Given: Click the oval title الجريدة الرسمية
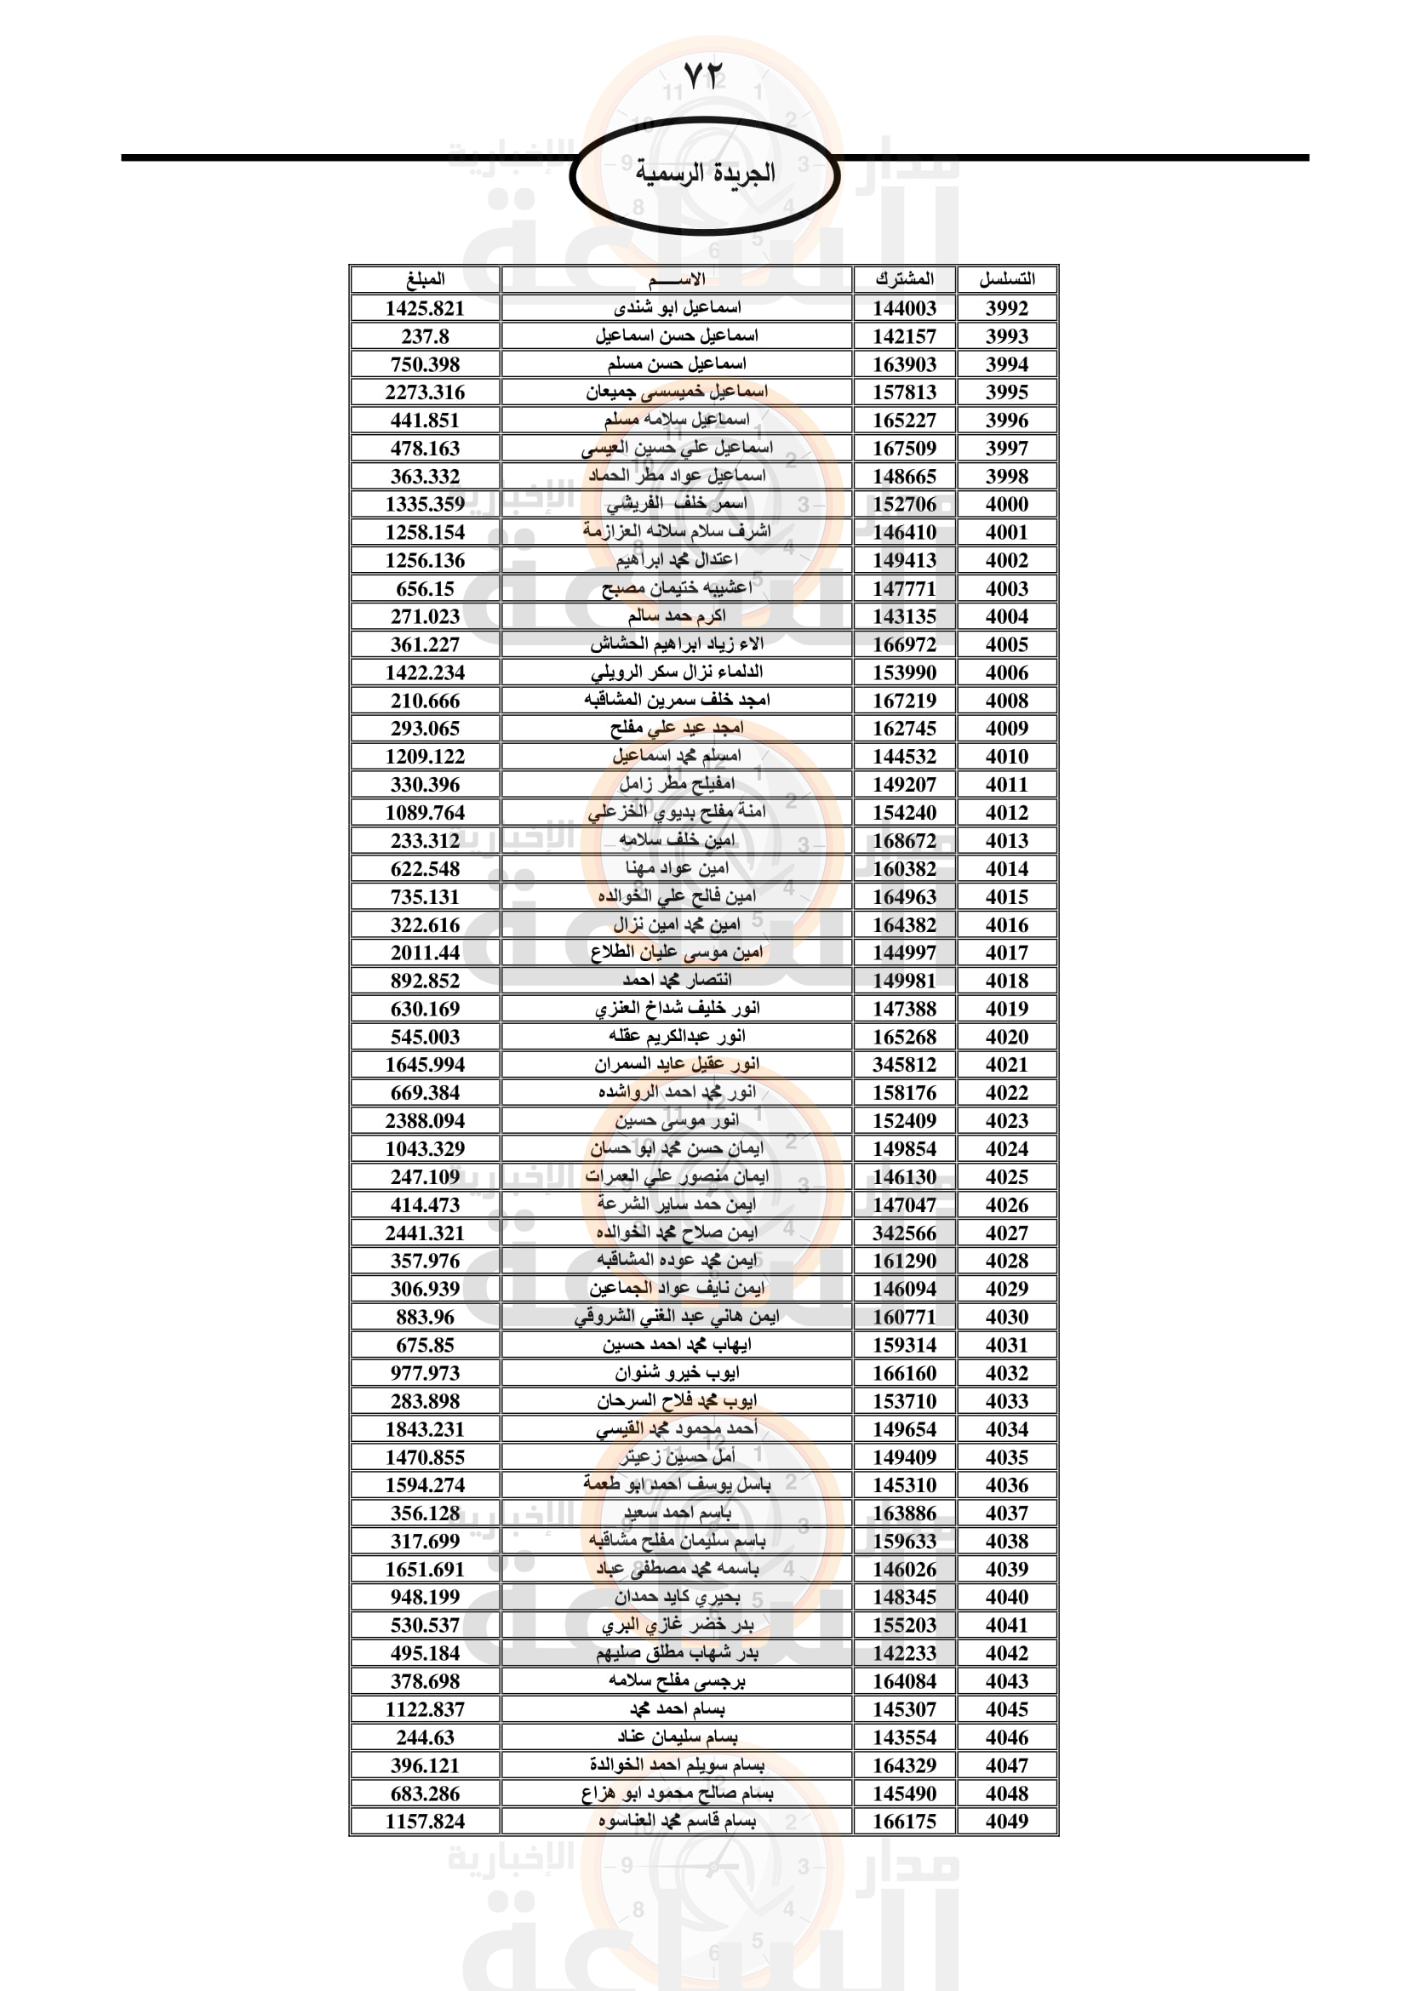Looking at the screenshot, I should coord(704,174).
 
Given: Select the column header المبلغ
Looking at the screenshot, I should coord(425,279).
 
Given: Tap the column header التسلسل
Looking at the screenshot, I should coord(1006,279).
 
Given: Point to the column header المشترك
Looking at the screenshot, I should coord(904,279).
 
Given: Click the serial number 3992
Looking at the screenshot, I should coord(1006,308).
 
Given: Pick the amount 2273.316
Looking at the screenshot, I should coord(425,392).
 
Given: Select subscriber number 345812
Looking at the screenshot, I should coord(904,1065).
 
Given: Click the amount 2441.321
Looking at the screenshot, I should coord(425,1233).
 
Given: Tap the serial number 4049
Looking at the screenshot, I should coord(1006,1822).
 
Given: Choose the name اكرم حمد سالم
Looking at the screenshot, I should coord(676,616).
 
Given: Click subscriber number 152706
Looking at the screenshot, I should coord(904,504).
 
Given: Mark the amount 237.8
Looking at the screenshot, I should coord(425,336).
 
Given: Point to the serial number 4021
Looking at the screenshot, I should coord(1006,1065).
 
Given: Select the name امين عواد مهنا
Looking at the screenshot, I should coord(676,869).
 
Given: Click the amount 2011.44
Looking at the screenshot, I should coord(425,953).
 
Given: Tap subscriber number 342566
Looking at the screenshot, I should coord(904,1233).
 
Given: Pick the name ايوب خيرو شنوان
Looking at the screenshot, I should coord(676,1374).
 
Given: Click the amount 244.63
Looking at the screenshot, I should coord(425,1738).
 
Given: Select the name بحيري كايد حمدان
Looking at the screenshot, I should coord(676,1597).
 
